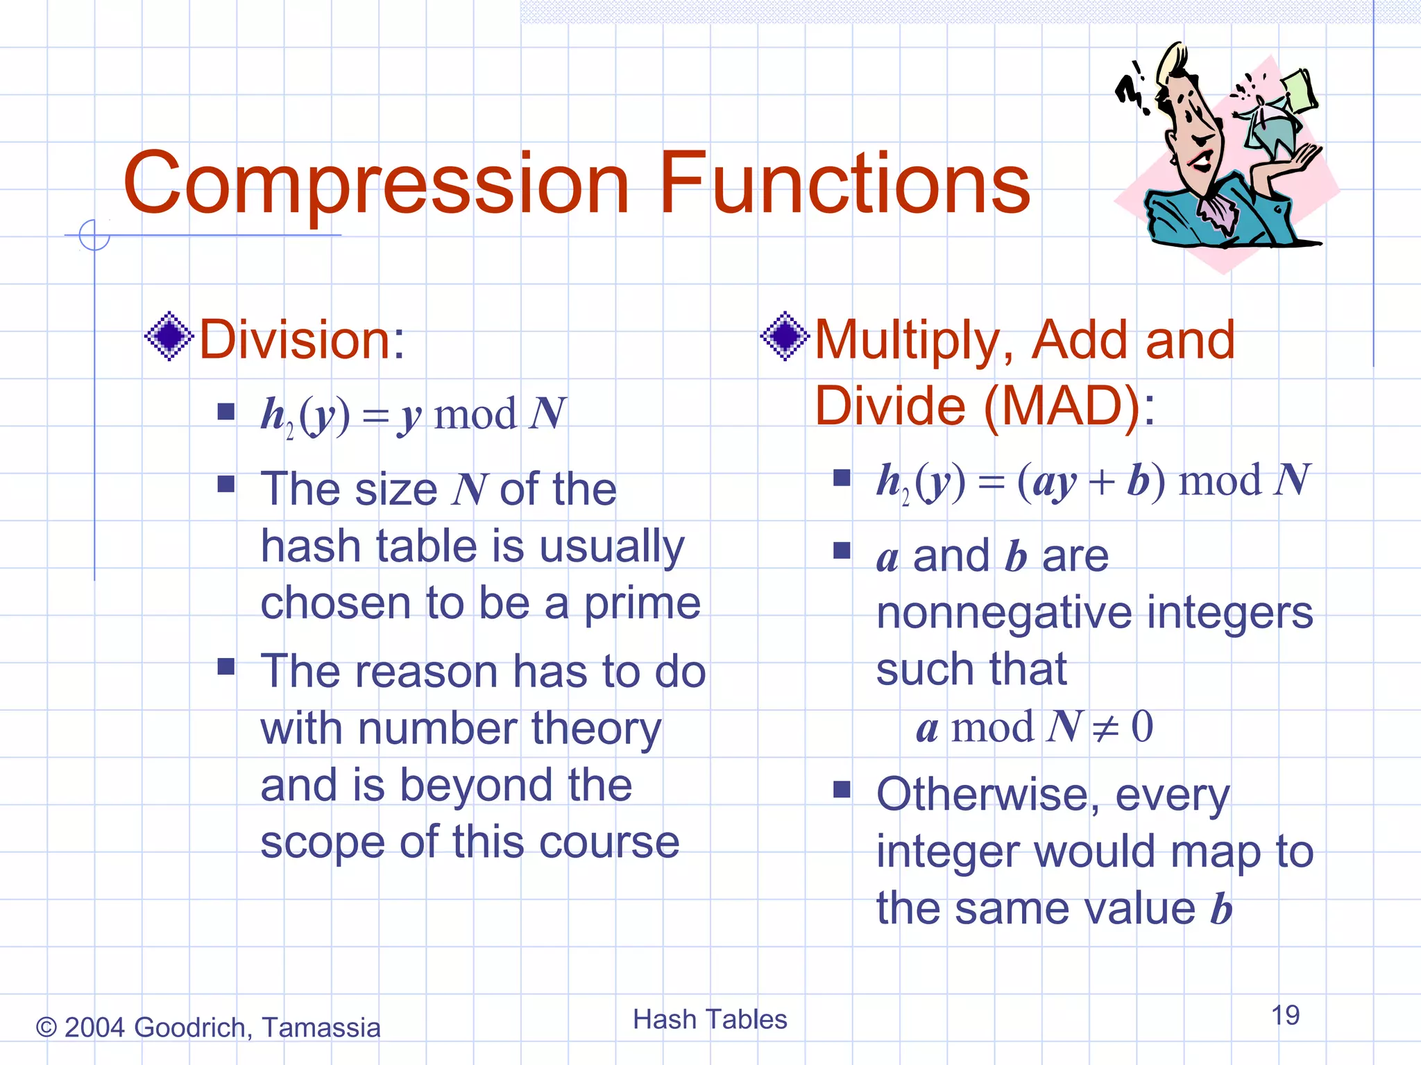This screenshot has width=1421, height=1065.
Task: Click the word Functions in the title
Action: tap(844, 184)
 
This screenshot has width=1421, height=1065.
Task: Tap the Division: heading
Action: tap(302, 340)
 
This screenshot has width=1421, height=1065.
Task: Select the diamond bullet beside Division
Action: tap(169, 336)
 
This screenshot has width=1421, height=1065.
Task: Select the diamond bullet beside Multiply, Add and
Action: tap(785, 336)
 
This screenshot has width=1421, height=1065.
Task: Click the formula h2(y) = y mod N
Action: tap(413, 415)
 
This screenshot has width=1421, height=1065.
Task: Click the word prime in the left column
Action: tap(642, 604)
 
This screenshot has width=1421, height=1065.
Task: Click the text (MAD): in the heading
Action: tap(1069, 406)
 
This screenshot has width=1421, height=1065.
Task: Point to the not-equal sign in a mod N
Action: tap(1105, 728)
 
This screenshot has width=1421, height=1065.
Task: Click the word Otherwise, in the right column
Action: tap(987, 795)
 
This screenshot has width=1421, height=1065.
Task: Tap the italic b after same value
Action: tap(1220, 908)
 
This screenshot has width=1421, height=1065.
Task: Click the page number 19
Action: tap(1285, 1016)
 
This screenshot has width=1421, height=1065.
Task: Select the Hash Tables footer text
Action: tap(710, 1020)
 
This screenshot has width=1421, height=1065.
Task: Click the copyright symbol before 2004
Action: tap(46, 1028)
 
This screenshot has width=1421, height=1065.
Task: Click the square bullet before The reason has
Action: tap(226, 666)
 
